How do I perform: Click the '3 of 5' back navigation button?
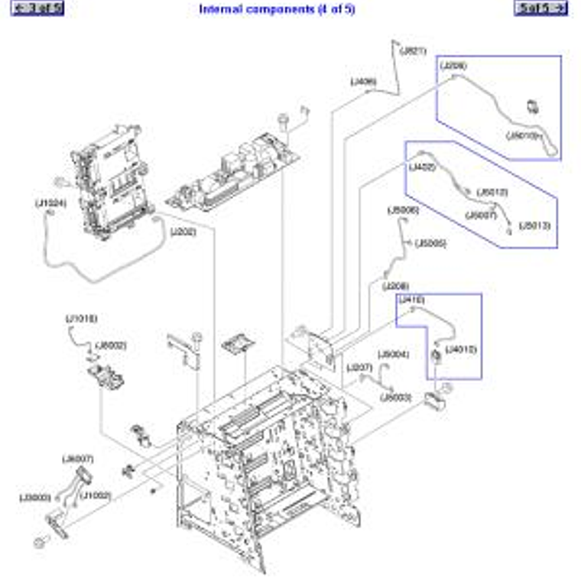tap(39, 8)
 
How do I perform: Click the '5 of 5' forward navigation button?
tap(541, 8)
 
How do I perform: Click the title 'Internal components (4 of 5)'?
tap(277, 9)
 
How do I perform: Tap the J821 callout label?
tap(413, 51)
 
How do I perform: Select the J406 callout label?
tap(363, 81)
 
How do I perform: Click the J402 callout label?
tap(422, 166)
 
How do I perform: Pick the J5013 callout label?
tap(534, 226)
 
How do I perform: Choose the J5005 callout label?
tap(430, 244)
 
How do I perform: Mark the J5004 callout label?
tap(394, 354)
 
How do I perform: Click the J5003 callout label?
tap(396, 398)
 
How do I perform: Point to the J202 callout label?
tap(183, 231)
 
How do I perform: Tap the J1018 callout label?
tap(81, 318)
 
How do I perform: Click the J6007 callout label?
tap(77, 459)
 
